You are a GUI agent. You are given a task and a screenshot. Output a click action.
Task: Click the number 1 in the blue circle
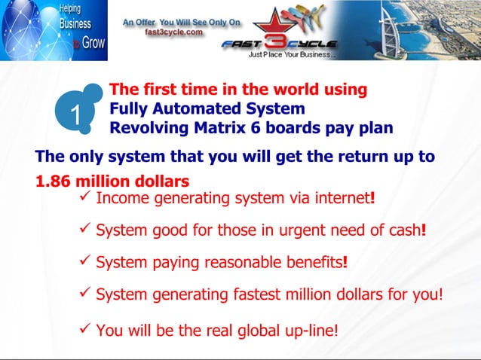click(x=75, y=114)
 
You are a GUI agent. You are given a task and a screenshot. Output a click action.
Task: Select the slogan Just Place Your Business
click(x=293, y=55)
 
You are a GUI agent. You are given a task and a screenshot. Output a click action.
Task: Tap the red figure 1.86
click(x=56, y=182)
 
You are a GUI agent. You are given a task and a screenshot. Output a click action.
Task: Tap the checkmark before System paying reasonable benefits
click(x=85, y=261)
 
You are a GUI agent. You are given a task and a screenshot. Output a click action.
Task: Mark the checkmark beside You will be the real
click(x=85, y=327)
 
